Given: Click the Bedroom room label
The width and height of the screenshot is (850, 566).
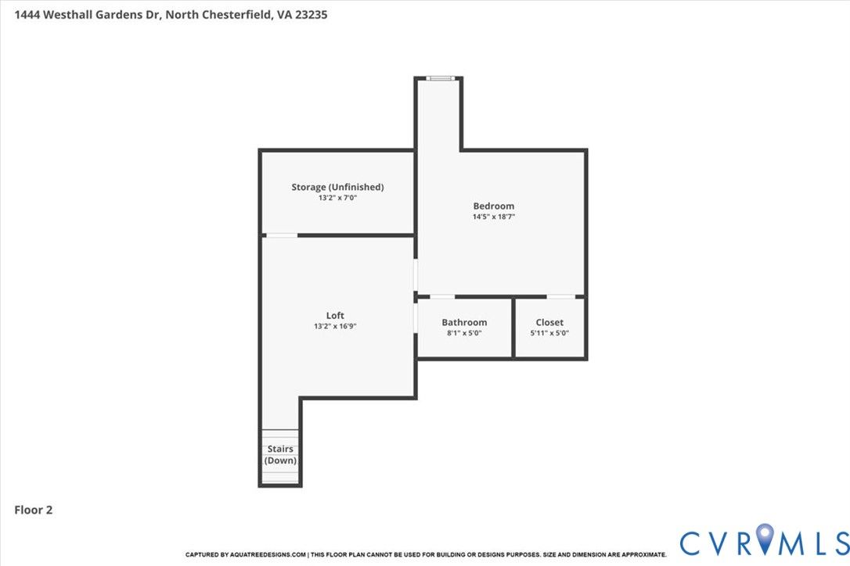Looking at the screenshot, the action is (x=493, y=206).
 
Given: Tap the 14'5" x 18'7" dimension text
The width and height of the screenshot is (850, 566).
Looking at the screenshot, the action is (x=493, y=217).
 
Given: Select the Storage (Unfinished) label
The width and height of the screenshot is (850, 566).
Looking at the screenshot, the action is (x=337, y=187).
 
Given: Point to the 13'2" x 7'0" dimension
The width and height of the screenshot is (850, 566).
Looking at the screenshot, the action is (x=337, y=198).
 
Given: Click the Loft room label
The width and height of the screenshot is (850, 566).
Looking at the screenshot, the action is (x=335, y=315).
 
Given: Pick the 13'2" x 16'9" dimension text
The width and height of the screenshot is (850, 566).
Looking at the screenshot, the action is (x=335, y=326).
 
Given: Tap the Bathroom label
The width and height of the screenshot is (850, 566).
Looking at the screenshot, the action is (x=464, y=322).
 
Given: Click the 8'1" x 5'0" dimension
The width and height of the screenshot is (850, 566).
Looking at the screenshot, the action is (x=464, y=333).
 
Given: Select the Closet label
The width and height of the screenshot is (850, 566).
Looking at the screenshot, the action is (x=549, y=322).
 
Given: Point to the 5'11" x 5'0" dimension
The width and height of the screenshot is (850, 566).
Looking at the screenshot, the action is (x=549, y=333).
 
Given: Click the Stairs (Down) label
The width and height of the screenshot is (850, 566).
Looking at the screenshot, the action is (x=280, y=454).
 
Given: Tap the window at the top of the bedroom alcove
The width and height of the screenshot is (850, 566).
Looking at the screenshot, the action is (x=440, y=78).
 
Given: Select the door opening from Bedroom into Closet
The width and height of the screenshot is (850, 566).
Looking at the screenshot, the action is (x=560, y=297).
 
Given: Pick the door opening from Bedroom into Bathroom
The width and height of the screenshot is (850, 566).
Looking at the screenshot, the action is (x=442, y=297).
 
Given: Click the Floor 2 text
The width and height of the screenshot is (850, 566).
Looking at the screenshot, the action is (x=33, y=510).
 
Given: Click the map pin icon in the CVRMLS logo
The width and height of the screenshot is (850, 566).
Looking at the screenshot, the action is (x=765, y=538).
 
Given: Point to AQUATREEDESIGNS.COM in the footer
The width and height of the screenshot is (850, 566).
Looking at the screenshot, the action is (x=268, y=554).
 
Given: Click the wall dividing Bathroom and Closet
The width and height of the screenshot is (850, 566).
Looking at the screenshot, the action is (x=513, y=328).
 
